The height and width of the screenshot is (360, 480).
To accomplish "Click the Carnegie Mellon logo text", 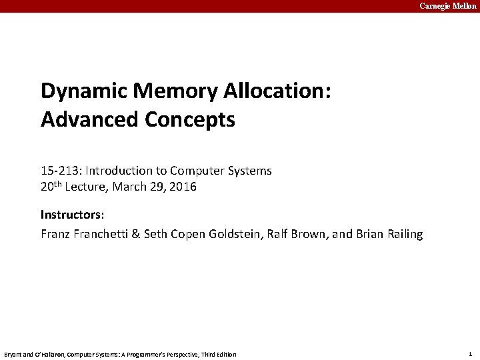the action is (x=447, y=6).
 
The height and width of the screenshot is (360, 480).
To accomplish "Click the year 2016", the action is (x=183, y=187).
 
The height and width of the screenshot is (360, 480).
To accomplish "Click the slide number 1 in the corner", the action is (x=470, y=354).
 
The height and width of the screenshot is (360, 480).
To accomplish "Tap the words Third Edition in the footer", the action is (x=220, y=354).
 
